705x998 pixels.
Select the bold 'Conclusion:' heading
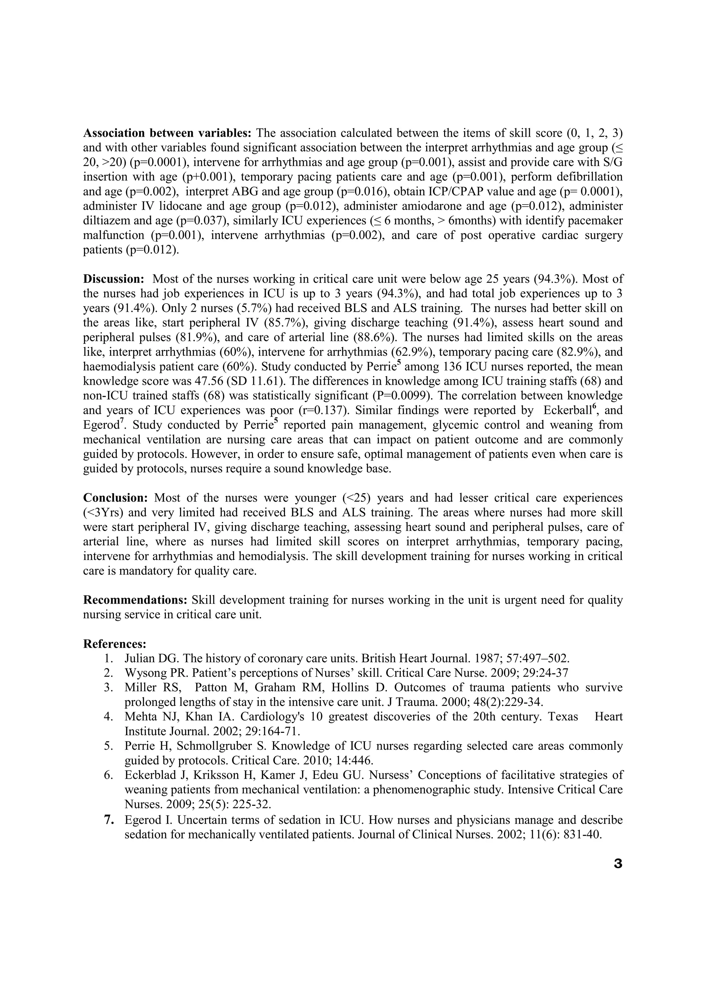[x=116, y=498]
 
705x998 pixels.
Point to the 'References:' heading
[x=115, y=643]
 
